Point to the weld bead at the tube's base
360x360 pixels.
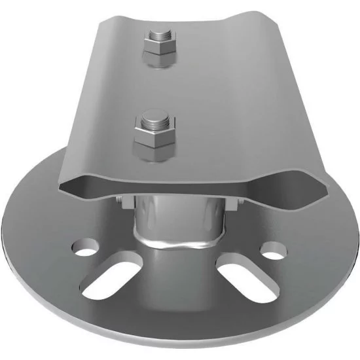tap(177, 244)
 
